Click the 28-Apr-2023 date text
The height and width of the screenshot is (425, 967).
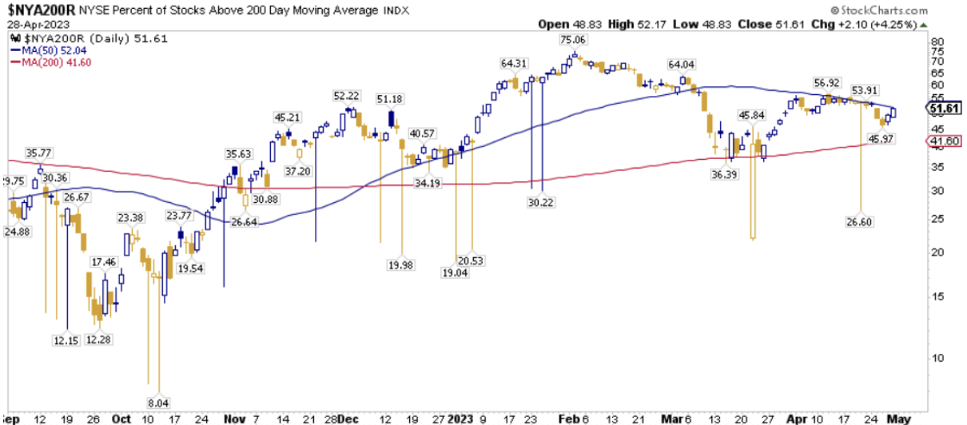(27, 25)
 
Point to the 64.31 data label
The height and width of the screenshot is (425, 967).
(515, 62)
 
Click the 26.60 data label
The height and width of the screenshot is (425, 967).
(860, 220)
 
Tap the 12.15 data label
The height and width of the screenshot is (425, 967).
(68, 340)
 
